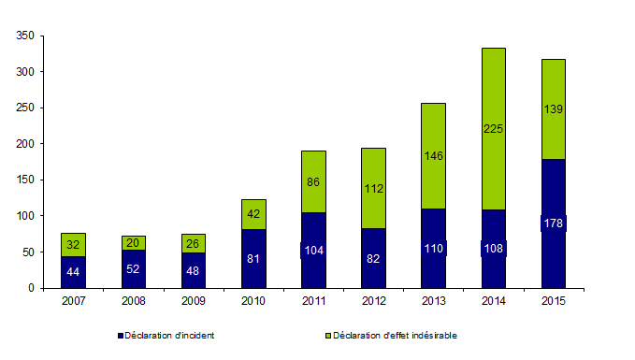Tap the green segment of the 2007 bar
click(73, 244)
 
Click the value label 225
click(493, 129)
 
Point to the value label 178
click(553, 223)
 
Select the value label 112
click(373, 188)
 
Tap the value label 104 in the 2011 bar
click(313, 251)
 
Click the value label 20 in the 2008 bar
click(133, 243)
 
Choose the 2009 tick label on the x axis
click(193, 301)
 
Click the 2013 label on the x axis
click(433, 301)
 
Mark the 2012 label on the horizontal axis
click(373, 301)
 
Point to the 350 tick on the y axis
click(25, 36)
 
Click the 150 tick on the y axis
click(25, 180)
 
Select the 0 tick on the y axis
click(31, 288)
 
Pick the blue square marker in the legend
click(120, 335)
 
